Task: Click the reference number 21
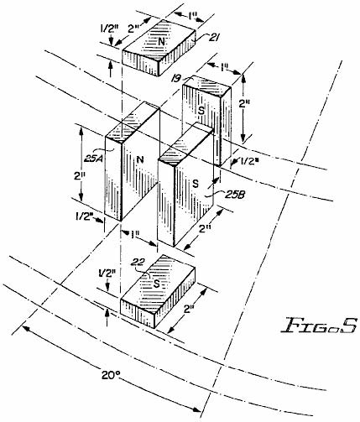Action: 212,37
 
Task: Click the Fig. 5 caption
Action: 319,326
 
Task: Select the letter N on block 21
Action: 161,42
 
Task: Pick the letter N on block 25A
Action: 141,159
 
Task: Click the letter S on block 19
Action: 201,111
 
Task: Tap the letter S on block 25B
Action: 196,184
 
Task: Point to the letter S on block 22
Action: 157,284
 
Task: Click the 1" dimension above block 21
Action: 191,16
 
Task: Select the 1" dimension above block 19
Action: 224,67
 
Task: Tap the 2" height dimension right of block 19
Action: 244,104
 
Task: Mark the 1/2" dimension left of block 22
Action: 107,274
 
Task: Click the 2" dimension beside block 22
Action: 190,309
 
